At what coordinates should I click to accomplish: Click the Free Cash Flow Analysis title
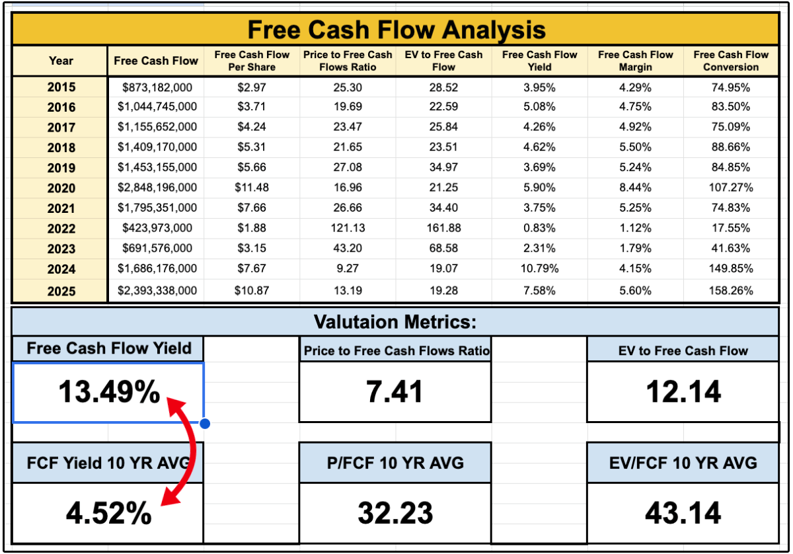point(396,29)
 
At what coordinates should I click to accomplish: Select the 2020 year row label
point(61,188)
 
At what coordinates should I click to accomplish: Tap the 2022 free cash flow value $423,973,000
point(157,228)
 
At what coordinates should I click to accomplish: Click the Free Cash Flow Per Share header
point(252,61)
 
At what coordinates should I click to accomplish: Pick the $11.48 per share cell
point(252,187)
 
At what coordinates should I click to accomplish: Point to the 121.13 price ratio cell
point(348,228)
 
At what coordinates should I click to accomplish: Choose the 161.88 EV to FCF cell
point(443,228)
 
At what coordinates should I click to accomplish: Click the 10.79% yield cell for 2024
point(539,268)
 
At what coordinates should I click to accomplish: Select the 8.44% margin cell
point(635,187)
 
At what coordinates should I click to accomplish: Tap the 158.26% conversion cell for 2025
point(731,290)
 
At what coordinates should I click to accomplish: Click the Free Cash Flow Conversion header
point(731,61)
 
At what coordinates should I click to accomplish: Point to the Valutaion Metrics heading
point(395,322)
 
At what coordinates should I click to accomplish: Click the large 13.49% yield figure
point(109,391)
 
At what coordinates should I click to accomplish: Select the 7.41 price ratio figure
point(395,391)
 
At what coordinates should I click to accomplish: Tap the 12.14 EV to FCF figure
point(683,391)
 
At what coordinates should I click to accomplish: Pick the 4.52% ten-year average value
point(108,513)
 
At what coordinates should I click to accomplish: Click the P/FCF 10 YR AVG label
point(395,463)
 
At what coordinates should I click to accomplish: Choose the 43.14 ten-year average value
point(683,513)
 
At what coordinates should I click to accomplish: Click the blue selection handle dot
point(205,423)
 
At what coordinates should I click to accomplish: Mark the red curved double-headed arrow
point(193,451)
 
